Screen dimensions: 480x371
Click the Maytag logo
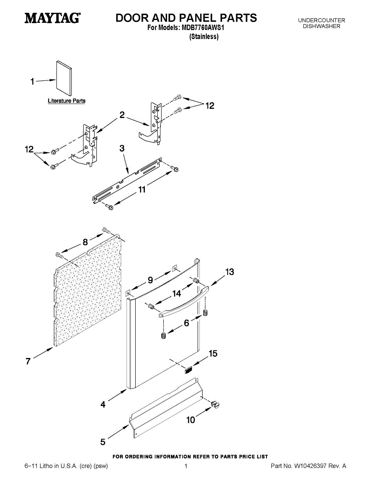(52, 18)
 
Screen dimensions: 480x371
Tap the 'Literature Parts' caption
(66, 101)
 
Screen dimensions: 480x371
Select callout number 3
(122, 148)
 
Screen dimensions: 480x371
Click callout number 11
(142, 190)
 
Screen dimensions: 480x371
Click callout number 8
(85, 242)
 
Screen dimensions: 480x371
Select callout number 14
(177, 293)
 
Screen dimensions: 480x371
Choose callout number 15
(213, 354)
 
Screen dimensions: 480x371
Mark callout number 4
(103, 405)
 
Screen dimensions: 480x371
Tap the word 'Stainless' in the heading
(204, 37)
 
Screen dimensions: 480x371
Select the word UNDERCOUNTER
(321, 20)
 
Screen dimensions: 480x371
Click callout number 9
(150, 280)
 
